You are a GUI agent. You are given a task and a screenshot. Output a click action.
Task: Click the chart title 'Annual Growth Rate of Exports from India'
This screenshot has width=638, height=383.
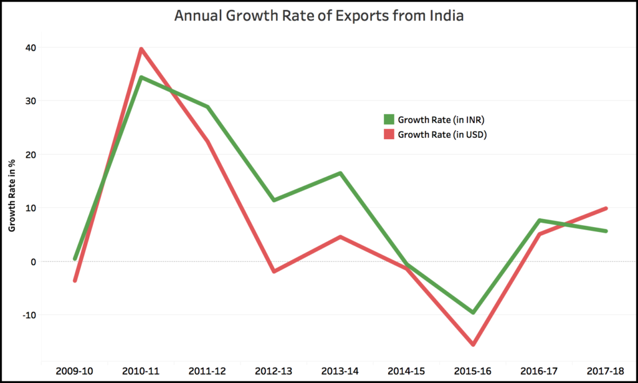[318, 16]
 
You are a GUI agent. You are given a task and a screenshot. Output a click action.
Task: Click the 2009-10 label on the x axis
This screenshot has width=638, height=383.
[75, 371]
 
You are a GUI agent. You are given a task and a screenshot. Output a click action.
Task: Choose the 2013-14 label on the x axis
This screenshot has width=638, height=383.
[340, 371]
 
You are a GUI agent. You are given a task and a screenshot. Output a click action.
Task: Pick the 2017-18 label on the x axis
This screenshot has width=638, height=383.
[606, 371]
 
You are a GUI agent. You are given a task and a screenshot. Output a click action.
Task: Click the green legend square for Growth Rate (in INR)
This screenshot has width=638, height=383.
[389, 119]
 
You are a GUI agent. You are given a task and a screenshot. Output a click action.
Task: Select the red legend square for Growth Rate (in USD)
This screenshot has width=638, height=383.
[389, 134]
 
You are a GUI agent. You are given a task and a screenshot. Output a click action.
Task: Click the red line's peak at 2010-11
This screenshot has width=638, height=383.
[141, 49]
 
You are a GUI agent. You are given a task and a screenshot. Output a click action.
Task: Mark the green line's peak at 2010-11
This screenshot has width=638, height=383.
[141, 77]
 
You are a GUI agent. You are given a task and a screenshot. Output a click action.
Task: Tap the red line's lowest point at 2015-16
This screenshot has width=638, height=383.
[473, 344]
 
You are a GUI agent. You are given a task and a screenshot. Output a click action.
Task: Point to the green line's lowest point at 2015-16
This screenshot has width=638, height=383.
[473, 313]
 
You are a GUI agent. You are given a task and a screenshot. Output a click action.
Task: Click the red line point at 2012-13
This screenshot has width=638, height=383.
[274, 271]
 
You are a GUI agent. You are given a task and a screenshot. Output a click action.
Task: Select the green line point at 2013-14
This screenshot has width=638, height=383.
[340, 173]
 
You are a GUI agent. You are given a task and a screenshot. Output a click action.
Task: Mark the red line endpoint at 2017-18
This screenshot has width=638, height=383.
[605, 208]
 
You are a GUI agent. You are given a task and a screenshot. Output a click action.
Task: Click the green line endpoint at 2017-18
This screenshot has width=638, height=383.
[605, 231]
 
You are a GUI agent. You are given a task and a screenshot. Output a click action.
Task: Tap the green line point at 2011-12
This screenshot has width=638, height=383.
[207, 107]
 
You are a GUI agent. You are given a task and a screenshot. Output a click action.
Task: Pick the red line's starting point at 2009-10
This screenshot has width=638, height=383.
[75, 281]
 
